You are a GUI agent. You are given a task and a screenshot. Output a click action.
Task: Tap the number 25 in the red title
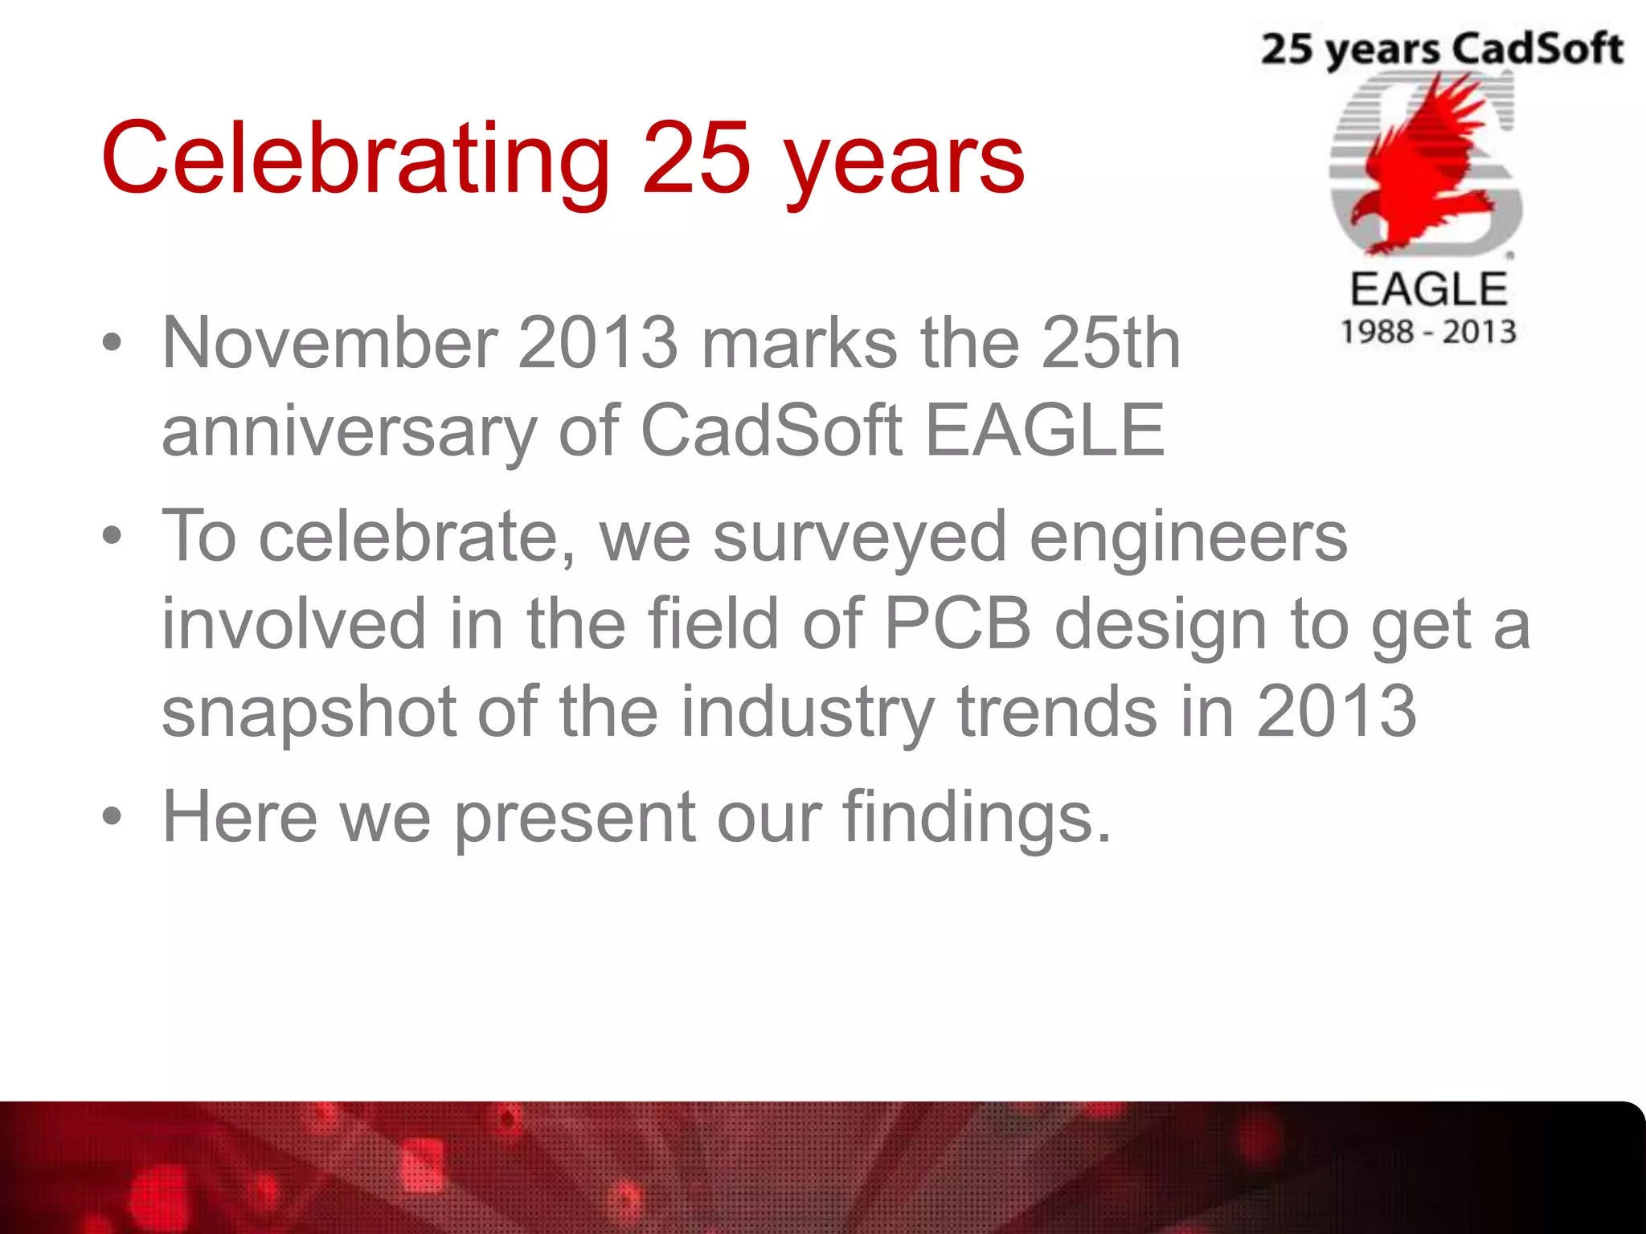tap(696, 158)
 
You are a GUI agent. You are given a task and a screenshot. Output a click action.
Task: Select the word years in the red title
tap(904, 165)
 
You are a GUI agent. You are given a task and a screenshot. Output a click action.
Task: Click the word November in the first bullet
tap(330, 344)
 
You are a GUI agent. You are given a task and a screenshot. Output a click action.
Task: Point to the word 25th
tap(1111, 344)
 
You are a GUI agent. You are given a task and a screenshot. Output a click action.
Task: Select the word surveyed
tap(859, 538)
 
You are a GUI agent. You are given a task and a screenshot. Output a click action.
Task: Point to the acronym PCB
tap(957, 624)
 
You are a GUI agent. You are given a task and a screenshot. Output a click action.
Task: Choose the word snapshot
tap(309, 713)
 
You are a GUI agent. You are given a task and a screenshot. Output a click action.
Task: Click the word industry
tap(808, 713)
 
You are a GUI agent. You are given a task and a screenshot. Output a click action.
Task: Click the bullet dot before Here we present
tap(113, 818)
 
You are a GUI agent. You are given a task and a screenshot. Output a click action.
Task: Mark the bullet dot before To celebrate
tap(113, 536)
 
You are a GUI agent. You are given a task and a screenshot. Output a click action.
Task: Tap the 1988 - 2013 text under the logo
tap(1427, 332)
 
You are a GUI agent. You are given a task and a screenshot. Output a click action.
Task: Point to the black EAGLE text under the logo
tap(1428, 289)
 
